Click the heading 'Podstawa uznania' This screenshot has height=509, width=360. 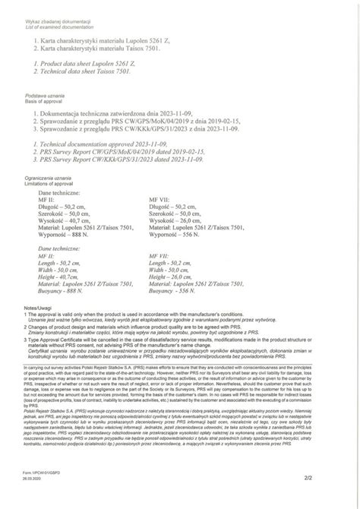pyautogui.click(x=45, y=96)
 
